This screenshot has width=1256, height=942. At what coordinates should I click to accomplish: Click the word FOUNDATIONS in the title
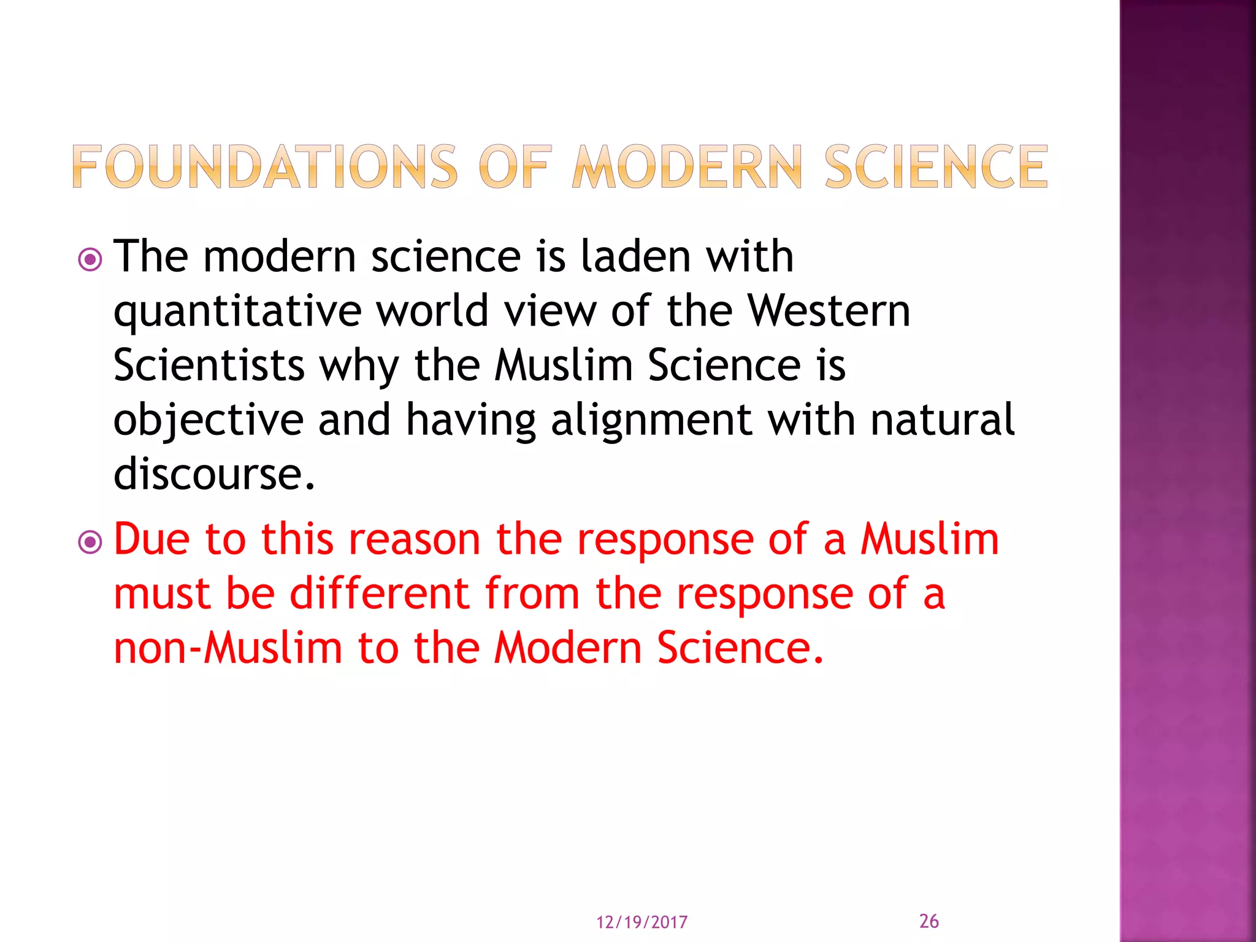tap(264, 166)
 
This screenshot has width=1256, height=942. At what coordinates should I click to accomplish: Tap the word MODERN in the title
tap(687, 166)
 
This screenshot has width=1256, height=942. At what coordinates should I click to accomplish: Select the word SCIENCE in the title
tap(936, 166)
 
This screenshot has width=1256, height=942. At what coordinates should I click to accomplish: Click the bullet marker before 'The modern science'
tap(90, 260)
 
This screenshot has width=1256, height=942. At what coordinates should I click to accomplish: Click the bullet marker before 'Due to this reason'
tap(90, 542)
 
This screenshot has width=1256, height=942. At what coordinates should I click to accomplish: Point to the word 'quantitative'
tap(237, 312)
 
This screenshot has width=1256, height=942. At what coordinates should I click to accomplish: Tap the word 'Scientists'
tap(209, 365)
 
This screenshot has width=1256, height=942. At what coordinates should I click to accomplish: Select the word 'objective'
tap(209, 421)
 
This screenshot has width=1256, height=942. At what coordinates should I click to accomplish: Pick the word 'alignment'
tap(651, 421)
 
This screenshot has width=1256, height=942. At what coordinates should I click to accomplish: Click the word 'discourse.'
tap(214, 474)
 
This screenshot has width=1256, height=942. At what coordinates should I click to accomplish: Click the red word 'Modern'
tap(568, 648)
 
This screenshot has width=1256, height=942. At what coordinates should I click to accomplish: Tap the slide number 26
tap(929, 921)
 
